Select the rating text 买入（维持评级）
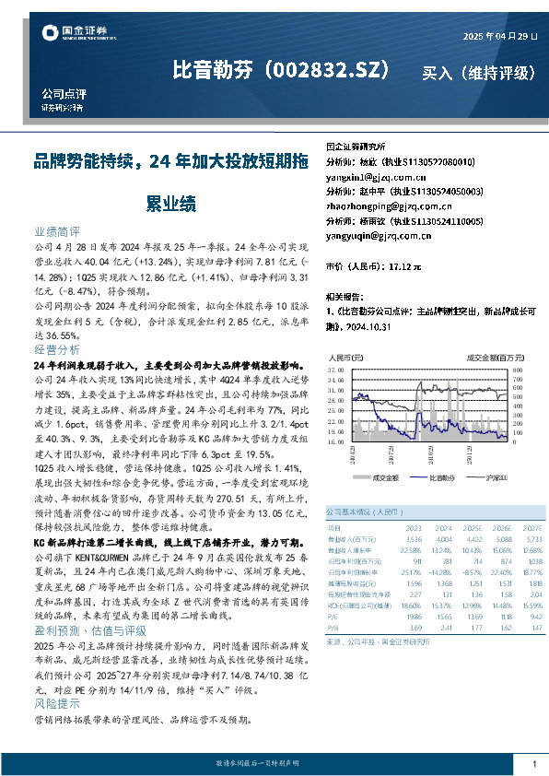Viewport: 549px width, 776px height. (x=478, y=72)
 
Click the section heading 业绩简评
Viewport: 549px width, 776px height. (x=56, y=232)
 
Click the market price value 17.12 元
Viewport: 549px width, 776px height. (x=404, y=266)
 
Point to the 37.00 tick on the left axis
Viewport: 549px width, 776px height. (x=336, y=369)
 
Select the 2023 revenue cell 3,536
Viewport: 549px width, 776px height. (x=414, y=537)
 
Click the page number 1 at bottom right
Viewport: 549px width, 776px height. (x=534, y=764)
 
